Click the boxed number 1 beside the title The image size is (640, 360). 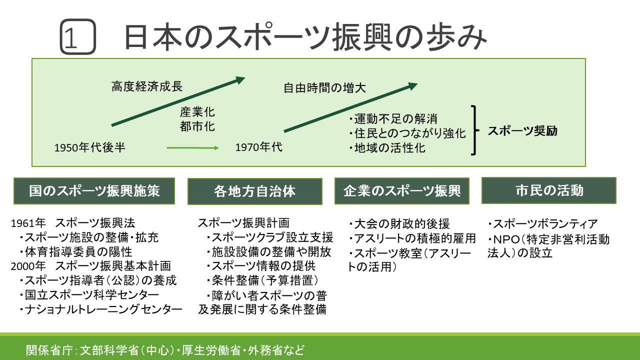click(77, 37)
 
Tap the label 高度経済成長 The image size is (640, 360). click(146, 86)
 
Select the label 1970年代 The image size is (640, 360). click(258, 147)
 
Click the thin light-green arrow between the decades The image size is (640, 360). click(192, 147)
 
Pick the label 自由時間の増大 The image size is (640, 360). click(325, 88)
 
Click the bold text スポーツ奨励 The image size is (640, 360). click(522, 131)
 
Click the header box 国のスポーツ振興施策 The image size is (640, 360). click(94, 190)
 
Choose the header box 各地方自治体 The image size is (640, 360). click(254, 191)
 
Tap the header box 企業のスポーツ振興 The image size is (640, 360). click(402, 190)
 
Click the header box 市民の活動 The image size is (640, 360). click(548, 190)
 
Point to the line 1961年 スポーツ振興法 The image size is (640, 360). click(73, 222)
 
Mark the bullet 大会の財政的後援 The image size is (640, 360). click(399, 223)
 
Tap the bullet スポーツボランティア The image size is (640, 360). click(542, 224)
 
